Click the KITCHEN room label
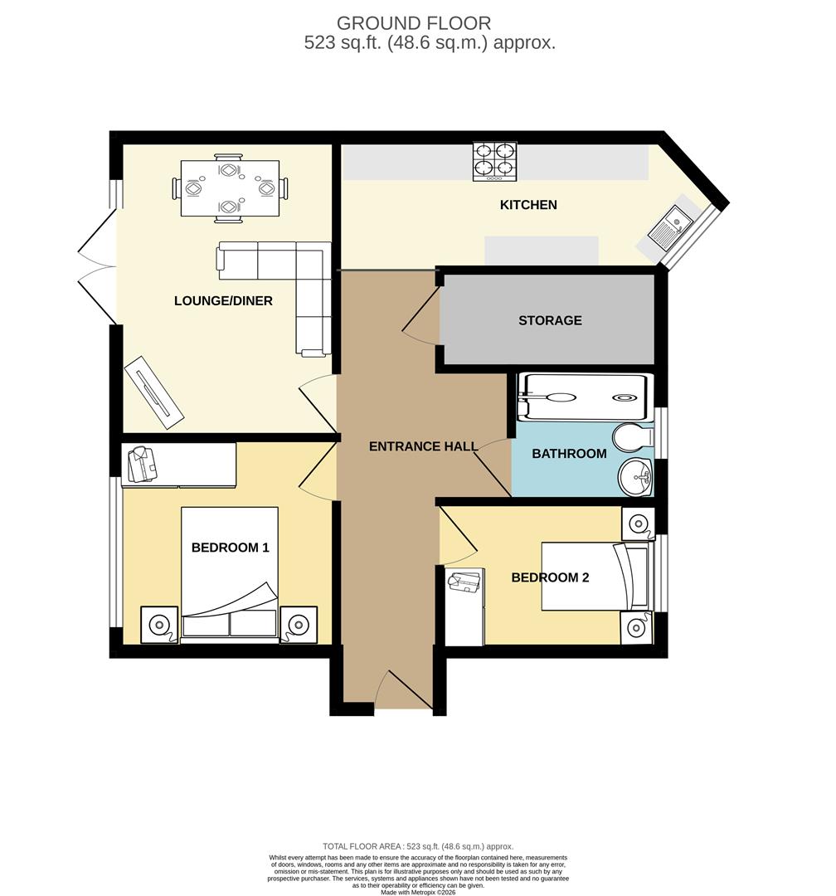click(x=528, y=205)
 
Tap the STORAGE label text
click(x=550, y=320)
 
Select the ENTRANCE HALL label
click(x=423, y=446)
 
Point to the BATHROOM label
click(x=569, y=454)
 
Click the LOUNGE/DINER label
click(x=223, y=300)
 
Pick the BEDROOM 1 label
click(x=230, y=548)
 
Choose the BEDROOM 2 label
click(x=550, y=577)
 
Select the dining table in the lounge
click(x=230, y=189)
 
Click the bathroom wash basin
click(x=636, y=476)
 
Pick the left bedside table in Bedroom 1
click(x=158, y=624)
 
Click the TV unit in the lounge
click(x=154, y=392)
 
